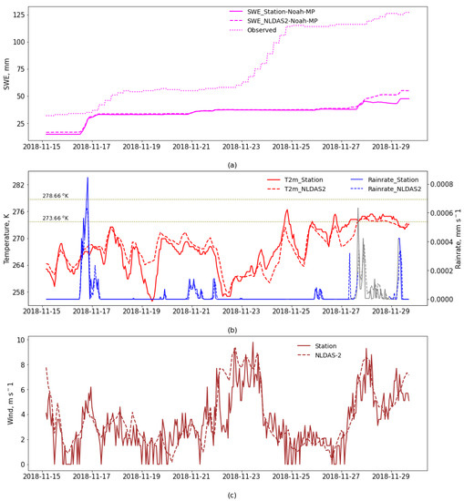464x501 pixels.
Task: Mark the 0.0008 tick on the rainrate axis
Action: [x=438, y=185]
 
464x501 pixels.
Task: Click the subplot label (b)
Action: [x=232, y=330]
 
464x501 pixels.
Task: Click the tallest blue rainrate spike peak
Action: [x=88, y=178]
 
